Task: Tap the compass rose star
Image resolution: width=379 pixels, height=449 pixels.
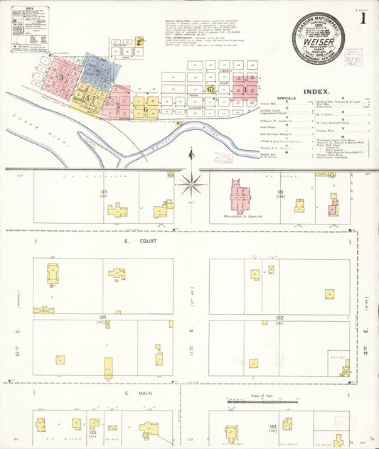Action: coord(191,185)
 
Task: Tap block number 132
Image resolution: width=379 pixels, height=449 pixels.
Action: coord(280,318)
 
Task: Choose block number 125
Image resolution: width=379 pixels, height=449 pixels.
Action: coord(93,431)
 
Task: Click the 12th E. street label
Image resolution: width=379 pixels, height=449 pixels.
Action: coord(365,332)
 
